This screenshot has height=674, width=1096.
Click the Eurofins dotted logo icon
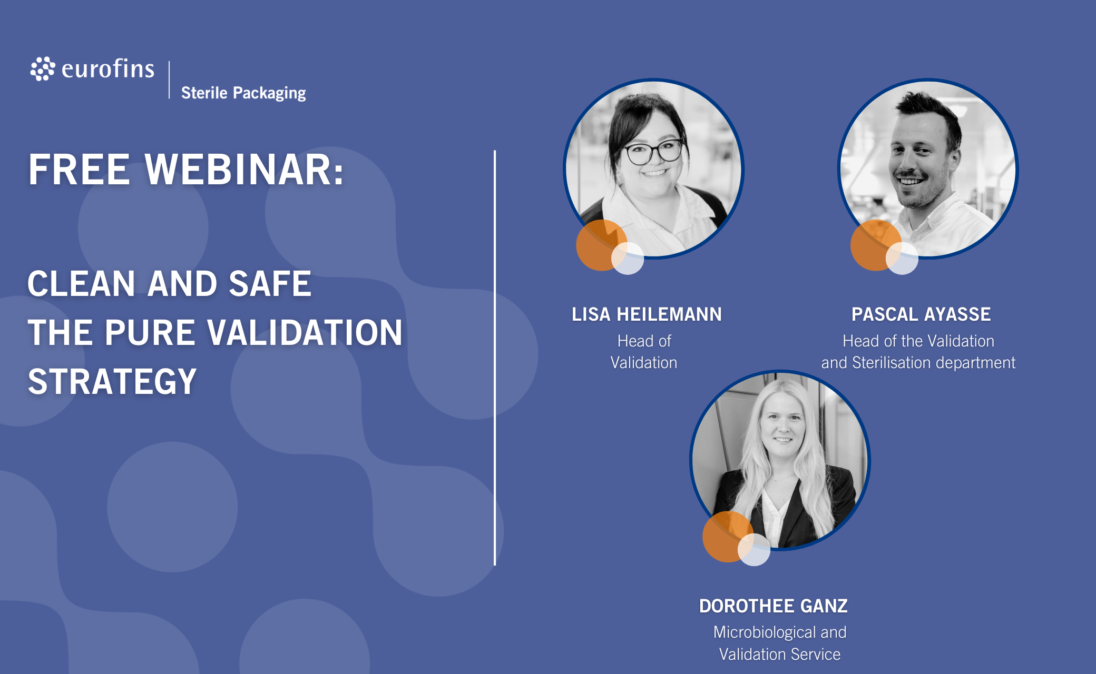pos(43,68)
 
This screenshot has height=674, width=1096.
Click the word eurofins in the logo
pos(108,69)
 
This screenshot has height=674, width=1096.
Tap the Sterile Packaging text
pos(243,93)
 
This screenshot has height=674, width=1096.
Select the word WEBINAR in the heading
pos(244,170)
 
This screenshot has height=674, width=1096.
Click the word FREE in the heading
pos(79,170)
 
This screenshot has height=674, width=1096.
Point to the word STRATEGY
pos(112,381)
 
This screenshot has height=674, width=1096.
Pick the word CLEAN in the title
pos(82,283)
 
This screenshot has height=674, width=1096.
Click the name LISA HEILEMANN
pos(647,314)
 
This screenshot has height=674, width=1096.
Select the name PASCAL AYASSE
pos(921,314)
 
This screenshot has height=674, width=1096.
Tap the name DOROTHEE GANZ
pos(773,606)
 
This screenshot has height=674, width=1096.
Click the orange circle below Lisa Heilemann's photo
pos(601,245)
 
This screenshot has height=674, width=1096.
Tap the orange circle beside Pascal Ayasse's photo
pos(875,245)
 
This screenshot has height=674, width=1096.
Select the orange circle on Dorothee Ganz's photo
pos(728,537)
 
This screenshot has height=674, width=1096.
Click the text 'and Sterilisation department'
pos(918,363)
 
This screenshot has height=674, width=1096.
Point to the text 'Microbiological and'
pos(780,632)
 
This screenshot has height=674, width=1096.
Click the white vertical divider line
pos(495,358)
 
